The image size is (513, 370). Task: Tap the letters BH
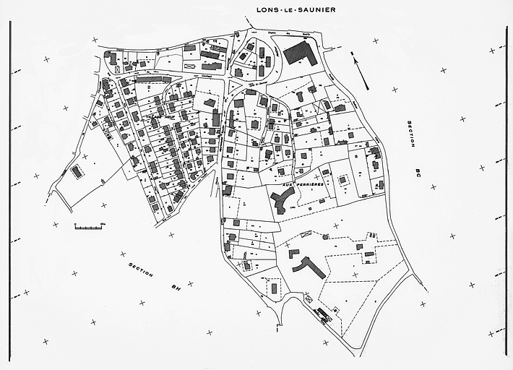pyautogui.click(x=174, y=287)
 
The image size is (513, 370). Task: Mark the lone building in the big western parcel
pyautogui.click(x=77, y=172)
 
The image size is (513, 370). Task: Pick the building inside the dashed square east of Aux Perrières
pyautogui.click(x=343, y=178)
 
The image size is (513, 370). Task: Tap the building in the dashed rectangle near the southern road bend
pyautogui.click(x=275, y=288)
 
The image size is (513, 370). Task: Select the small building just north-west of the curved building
pyautogui.click(x=294, y=253)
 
